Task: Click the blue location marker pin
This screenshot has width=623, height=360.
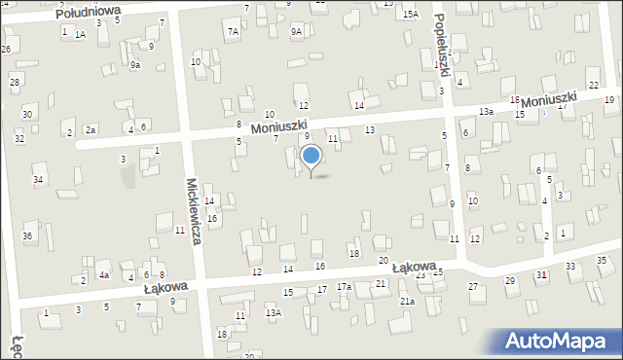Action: [x=311, y=157]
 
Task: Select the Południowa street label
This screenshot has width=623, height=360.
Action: [x=89, y=13]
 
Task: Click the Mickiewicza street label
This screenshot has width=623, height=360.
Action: [x=193, y=210]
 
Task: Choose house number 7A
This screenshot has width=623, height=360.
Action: [x=233, y=31]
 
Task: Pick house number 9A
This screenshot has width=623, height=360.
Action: [x=296, y=31]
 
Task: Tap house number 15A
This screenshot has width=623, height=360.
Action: [x=411, y=14]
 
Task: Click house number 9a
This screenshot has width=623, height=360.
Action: [x=135, y=65]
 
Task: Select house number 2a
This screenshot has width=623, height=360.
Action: [x=90, y=129]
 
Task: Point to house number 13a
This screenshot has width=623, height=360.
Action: [x=486, y=112]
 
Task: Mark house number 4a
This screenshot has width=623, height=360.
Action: [x=102, y=275]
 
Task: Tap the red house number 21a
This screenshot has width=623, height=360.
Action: [x=407, y=302]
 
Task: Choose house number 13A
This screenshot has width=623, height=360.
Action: [x=275, y=312]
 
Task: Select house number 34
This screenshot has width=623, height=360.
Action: [x=38, y=180]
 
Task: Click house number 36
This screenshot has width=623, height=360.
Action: [x=27, y=236]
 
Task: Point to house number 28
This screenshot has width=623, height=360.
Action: [x=15, y=82]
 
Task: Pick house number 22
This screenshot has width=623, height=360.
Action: [x=593, y=86]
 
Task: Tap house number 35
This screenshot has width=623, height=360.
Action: [x=602, y=260]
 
